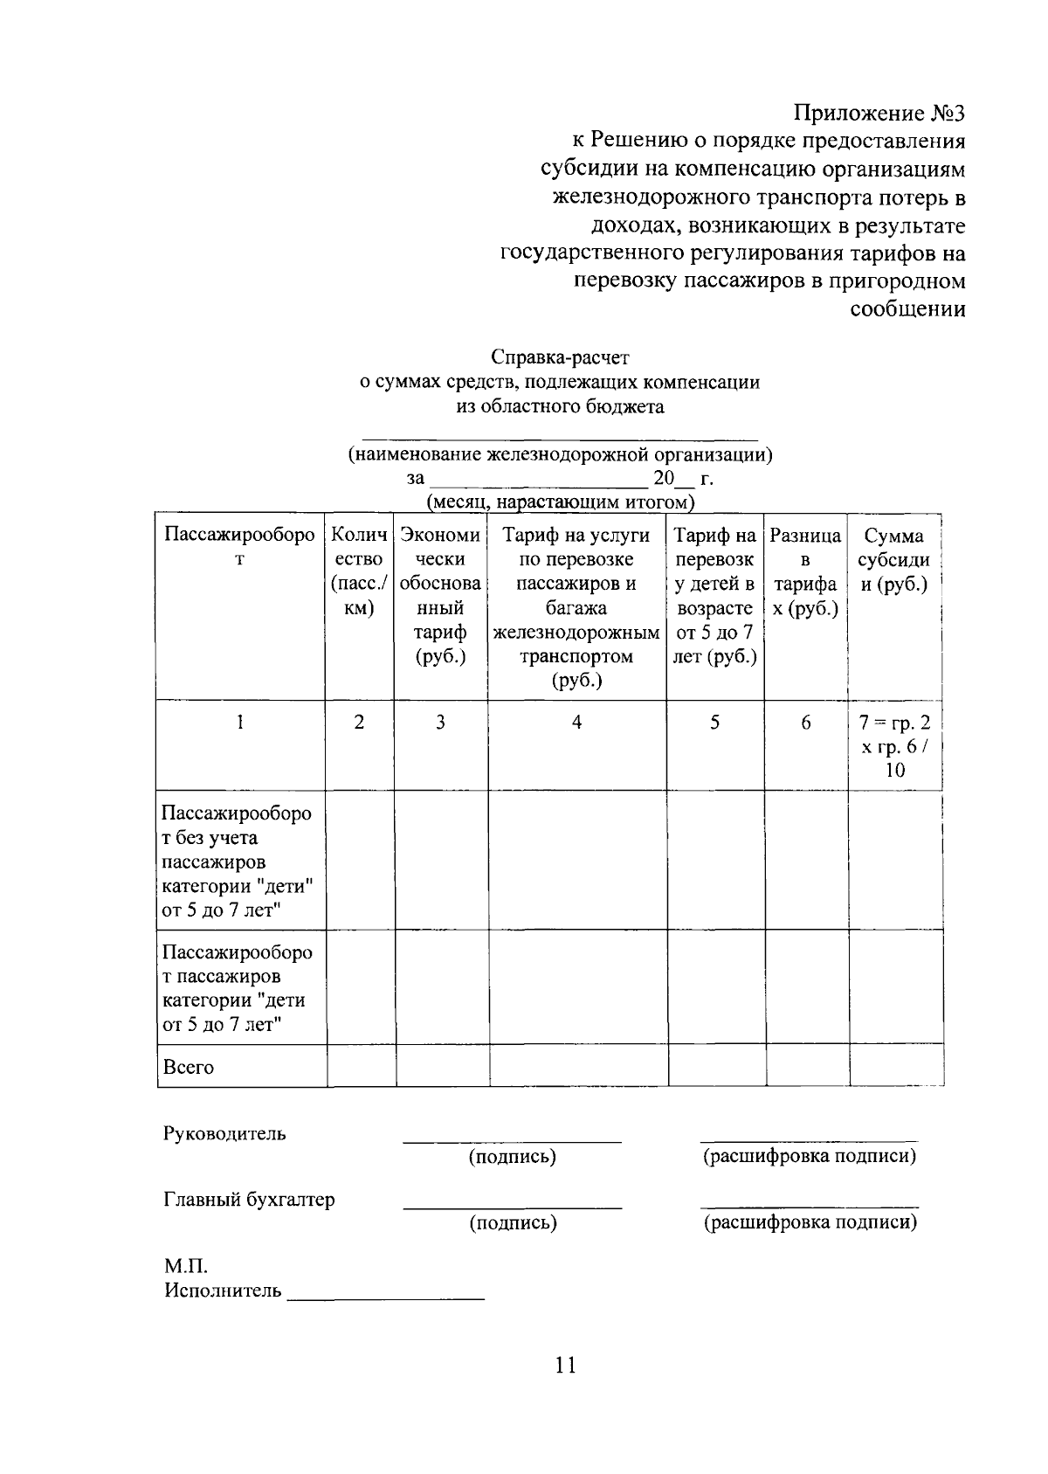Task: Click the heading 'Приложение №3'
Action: pyautogui.click(x=879, y=114)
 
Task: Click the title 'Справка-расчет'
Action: pyautogui.click(x=560, y=357)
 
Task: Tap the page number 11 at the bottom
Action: pyautogui.click(x=565, y=1365)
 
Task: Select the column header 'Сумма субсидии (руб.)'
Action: pyautogui.click(x=893, y=559)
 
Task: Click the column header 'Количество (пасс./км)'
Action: pyautogui.click(x=358, y=571)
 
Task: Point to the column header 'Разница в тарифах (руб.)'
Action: pyautogui.click(x=805, y=571)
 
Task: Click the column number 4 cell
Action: pyautogui.click(x=576, y=723)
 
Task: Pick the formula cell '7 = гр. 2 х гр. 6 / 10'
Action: pyautogui.click(x=894, y=746)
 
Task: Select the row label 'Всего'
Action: pyautogui.click(x=189, y=1067)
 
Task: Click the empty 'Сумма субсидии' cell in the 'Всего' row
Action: pyautogui.click(x=895, y=1066)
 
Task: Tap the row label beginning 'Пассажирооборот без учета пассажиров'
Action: pyautogui.click(x=238, y=862)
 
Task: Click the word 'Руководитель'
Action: pyautogui.click(x=225, y=1134)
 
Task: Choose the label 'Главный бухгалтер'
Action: pyautogui.click(x=250, y=1200)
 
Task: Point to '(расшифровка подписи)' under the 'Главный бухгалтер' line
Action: pyautogui.click(x=810, y=1221)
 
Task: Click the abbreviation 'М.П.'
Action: pyautogui.click(x=186, y=1266)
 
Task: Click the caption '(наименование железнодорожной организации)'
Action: pyautogui.click(x=560, y=454)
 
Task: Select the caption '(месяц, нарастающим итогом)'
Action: pyautogui.click(x=560, y=502)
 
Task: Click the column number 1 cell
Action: pyautogui.click(x=240, y=723)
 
